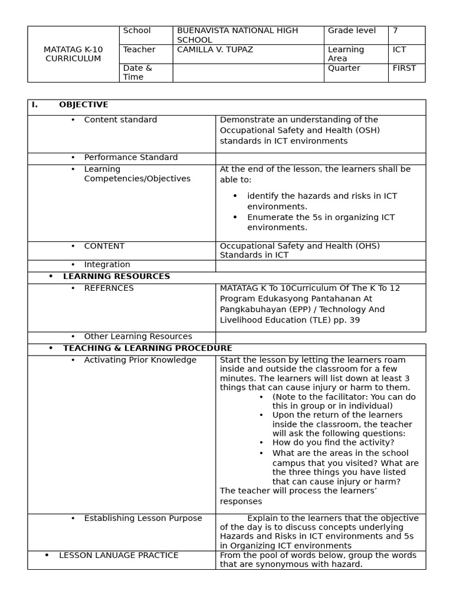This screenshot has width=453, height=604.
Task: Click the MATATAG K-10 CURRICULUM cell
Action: point(73,54)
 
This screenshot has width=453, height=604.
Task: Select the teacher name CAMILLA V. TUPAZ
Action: point(215,50)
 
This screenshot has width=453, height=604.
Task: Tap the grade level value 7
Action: point(395,31)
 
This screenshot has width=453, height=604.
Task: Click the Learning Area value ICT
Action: point(399,50)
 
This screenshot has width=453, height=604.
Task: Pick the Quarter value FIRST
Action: point(404,68)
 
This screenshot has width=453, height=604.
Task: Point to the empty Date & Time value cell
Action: point(248,73)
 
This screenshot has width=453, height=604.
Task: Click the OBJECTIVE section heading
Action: point(83,105)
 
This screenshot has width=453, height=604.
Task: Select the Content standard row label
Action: point(120,120)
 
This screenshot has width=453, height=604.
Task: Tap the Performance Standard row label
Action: point(130,157)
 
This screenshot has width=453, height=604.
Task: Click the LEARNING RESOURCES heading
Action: point(116,277)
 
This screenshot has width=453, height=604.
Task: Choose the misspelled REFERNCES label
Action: point(109,288)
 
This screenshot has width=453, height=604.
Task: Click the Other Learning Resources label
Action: point(137,337)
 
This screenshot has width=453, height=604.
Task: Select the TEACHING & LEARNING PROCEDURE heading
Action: point(147,349)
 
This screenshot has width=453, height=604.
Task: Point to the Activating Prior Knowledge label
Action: point(140,360)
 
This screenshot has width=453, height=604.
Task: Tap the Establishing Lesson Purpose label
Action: point(143,518)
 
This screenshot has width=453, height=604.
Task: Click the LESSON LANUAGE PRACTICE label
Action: point(119,556)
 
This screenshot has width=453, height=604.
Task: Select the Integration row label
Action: point(107,265)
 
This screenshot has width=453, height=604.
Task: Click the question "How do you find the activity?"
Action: point(333,442)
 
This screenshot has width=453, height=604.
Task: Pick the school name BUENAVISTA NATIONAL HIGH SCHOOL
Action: point(237,35)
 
